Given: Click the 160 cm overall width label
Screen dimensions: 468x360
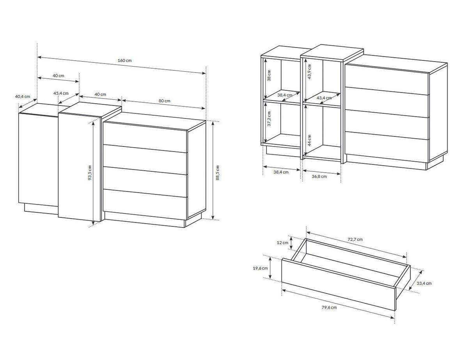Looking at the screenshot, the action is [124, 60].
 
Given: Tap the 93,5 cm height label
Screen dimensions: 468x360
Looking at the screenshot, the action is [90, 173].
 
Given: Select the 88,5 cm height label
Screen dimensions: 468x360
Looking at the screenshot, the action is [218, 173].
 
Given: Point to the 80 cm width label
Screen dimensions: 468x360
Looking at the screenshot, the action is [164, 101].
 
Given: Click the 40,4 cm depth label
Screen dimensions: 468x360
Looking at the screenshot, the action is [22, 96].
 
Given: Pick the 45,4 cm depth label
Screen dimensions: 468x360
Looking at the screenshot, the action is [61, 93].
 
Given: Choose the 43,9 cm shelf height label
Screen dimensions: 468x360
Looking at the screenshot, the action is [309, 72].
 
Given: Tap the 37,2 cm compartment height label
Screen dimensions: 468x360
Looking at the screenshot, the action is [269, 119].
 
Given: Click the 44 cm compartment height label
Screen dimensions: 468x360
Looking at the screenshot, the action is [309, 140].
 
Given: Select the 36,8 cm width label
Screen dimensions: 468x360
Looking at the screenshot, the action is [319, 176].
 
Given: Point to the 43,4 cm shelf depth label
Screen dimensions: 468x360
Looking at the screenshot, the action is [324, 98].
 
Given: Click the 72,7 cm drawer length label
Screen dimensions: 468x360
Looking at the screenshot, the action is [355, 239].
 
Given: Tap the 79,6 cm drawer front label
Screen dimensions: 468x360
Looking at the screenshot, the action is [329, 307].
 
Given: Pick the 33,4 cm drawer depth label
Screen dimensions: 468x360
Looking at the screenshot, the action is [424, 283].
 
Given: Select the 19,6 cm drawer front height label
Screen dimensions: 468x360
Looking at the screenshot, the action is [260, 268].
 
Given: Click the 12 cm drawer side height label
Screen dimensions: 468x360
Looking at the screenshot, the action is [282, 243].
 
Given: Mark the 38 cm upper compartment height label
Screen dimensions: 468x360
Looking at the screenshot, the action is [269, 76].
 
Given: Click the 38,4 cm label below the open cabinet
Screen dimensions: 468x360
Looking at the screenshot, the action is [281, 172].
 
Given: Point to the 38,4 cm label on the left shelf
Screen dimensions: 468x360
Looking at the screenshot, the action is [285, 95].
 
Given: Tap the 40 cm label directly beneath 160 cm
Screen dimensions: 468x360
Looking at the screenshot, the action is [58, 76].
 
